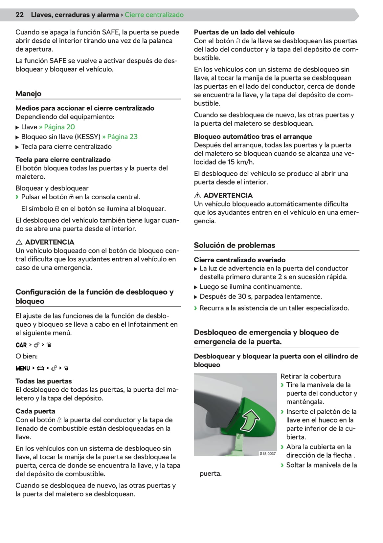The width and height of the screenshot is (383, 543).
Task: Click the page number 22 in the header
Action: tap(19, 15)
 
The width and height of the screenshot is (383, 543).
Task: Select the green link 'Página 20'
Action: tap(59, 127)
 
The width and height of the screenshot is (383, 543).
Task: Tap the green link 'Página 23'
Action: tap(122, 137)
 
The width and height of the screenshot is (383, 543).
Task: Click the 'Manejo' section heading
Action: tap(29, 94)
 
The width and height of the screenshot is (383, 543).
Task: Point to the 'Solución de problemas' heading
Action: tap(234, 245)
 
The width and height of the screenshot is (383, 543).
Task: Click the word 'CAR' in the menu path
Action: tap(21, 345)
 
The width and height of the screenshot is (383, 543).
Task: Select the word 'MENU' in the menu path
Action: tap(23, 368)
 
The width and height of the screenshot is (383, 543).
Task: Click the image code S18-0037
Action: tap(268, 453)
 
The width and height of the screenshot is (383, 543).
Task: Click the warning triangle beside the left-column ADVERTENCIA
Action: tap(19, 242)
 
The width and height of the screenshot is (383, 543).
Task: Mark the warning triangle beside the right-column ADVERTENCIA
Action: tap(197, 196)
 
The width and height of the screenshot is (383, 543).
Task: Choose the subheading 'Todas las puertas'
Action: tap(44, 381)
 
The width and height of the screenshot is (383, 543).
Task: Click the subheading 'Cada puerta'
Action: tap(35, 411)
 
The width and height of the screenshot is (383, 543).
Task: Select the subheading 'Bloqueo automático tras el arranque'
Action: tap(253, 137)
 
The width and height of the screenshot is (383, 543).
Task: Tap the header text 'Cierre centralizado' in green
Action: tap(154, 15)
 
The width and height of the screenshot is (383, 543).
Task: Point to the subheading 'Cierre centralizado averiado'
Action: tap(239, 260)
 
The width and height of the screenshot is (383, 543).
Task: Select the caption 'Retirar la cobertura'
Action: tap(310, 377)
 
